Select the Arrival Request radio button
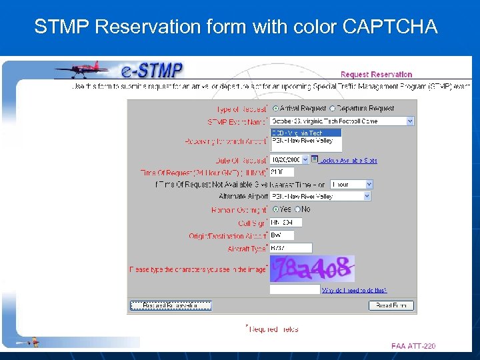click(275, 108)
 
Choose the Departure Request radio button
click(333, 108)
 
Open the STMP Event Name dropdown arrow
click(409, 121)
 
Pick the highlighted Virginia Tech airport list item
click(306, 133)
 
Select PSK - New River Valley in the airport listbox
click(306, 141)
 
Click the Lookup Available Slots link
click(348, 161)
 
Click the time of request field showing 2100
click(281, 172)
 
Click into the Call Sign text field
click(285, 222)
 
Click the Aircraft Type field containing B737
click(281, 247)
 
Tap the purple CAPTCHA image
click(312, 269)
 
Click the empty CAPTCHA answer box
click(294, 290)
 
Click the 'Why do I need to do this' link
click(354, 290)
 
